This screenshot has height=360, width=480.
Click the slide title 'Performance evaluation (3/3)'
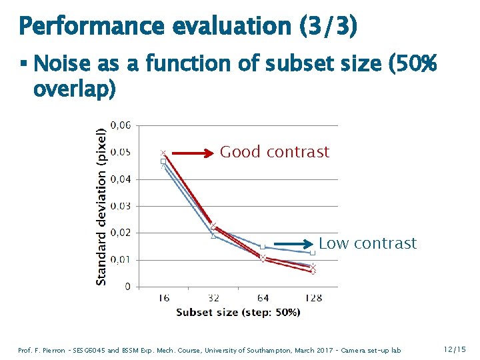pos(188,27)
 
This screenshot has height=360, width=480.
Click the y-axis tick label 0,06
pos(121,125)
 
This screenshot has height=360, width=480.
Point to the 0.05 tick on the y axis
pos(121,152)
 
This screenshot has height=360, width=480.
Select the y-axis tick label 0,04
pos(121,179)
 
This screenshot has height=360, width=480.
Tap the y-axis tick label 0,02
pos(121,233)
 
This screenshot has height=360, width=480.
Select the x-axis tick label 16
pos(163,298)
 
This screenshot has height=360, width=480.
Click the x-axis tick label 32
pos(213,298)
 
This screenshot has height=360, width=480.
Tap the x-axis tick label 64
pos(263,298)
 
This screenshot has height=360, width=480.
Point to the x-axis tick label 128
pos(313,298)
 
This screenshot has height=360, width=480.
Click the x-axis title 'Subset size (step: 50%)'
pos(238,313)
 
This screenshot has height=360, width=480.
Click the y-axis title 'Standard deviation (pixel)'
pos(101,207)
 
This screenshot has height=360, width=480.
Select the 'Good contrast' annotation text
pos(275,152)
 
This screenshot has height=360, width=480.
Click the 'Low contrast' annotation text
pos(367,243)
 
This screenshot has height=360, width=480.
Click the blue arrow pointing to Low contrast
pos(293,243)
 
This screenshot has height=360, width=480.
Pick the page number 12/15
pos(453,349)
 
